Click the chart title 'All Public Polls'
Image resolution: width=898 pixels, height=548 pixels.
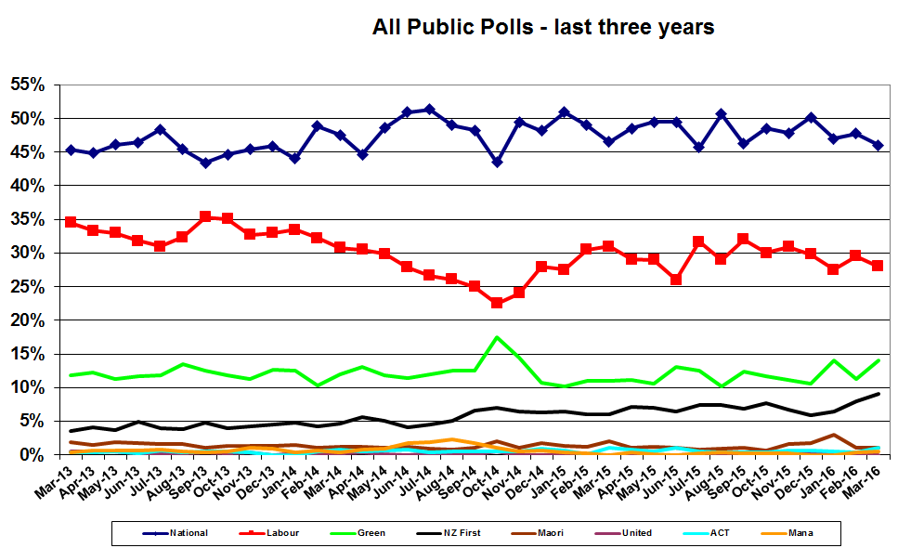coord(543,27)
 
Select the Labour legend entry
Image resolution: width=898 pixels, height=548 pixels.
coord(279,532)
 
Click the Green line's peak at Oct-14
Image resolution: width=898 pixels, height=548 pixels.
coord(498,337)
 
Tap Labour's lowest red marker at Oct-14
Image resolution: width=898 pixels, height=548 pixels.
coord(498,303)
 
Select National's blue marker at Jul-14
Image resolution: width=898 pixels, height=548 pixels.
coord(429,110)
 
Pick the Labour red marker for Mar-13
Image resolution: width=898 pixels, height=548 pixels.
coord(71,222)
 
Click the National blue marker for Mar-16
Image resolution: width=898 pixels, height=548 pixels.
coord(878,145)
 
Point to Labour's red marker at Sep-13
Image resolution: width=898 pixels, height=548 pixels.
coord(205,216)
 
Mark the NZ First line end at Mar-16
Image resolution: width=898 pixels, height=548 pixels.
coord(878,394)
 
